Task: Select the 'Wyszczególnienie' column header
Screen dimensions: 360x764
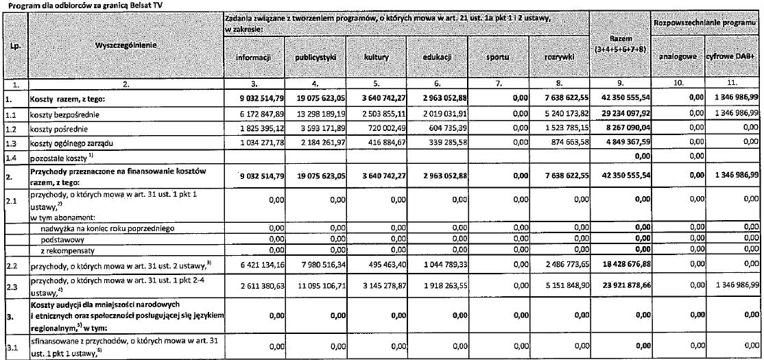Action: coord(123,46)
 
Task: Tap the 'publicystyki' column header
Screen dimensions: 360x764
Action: coord(315,58)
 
